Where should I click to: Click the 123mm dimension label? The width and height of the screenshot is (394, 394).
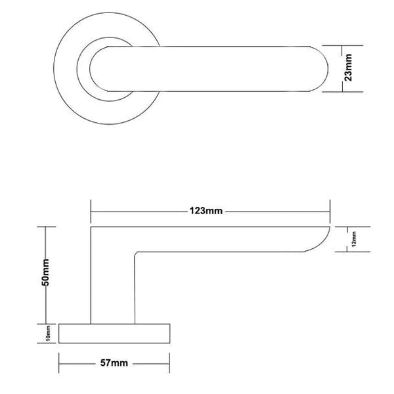207,211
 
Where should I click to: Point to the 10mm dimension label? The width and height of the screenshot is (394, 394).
48,334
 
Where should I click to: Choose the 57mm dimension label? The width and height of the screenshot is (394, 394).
114,362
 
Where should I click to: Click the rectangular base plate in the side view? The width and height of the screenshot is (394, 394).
115,334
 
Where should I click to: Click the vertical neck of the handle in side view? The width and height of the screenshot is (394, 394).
112,289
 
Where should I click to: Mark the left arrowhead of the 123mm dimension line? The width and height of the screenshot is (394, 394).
93,211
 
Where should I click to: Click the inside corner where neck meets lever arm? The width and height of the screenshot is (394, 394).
136,253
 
